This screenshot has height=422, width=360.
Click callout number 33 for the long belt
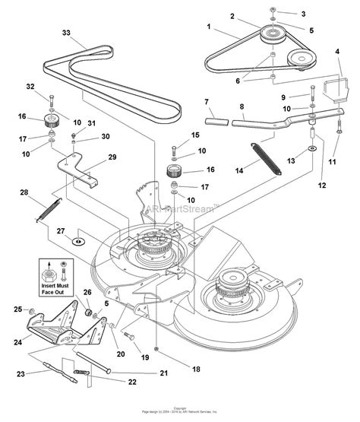pos(66,32)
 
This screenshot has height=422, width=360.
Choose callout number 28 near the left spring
pos(24,194)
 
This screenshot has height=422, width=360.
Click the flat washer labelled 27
pos(77,241)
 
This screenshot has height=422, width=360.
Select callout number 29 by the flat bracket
pos(112,157)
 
